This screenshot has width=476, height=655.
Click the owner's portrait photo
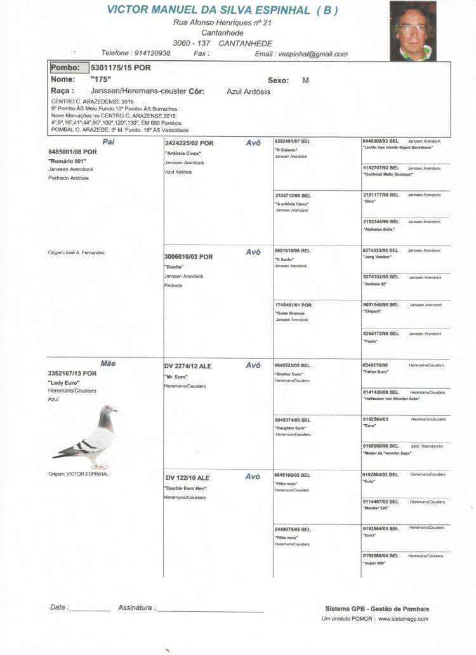(413, 30)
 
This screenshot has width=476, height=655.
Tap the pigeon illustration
(86, 437)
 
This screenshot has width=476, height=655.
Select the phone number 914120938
(152, 53)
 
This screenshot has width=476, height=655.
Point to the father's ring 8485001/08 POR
(72, 152)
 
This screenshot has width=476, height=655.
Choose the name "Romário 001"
(67, 161)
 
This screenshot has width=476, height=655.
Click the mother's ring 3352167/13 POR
(72, 373)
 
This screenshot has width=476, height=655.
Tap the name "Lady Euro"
(63, 383)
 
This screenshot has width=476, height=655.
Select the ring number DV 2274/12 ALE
(187, 366)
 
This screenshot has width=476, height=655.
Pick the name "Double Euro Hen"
(186, 488)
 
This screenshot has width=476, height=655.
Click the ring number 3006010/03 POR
(188, 257)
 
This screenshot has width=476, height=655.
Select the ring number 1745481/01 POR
(293, 305)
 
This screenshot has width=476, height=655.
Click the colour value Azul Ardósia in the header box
(248, 92)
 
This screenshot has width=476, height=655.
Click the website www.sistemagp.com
(403, 619)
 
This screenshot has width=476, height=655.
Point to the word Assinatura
(135, 607)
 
